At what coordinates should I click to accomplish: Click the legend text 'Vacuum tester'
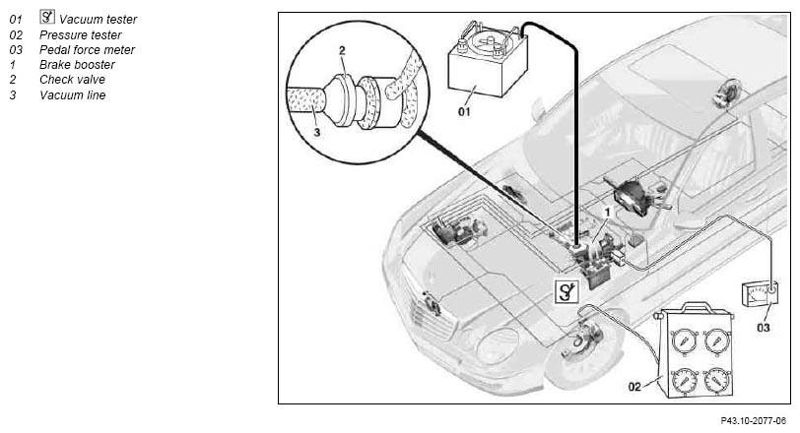[98, 20]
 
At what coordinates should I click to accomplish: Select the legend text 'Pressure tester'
[81, 35]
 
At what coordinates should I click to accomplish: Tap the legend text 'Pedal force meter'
[88, 50]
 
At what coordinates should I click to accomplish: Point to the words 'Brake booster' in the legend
[77, 65]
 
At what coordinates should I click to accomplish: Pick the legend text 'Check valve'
[73, 80]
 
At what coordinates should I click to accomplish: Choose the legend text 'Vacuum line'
[73, 95]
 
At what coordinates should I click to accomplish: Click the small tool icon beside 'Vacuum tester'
[47, 17]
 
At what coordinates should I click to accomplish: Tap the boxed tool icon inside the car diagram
[567, 292]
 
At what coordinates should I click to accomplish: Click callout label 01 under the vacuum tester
[464, 111]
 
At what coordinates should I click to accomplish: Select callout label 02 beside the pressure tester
[634, 387]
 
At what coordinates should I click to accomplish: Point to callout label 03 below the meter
[764, 328]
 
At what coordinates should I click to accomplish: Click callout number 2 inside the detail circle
[342, 50]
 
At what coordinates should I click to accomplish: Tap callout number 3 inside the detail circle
[317, 133]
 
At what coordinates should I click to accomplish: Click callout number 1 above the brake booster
[607, 212]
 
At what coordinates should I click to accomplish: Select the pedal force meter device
[761, 294]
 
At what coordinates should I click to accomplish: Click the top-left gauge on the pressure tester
[682, 340]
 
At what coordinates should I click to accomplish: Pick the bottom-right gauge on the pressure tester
[717, 381]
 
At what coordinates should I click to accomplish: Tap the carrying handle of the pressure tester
[697, 307]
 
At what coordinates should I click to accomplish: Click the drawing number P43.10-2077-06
[754, 421]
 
